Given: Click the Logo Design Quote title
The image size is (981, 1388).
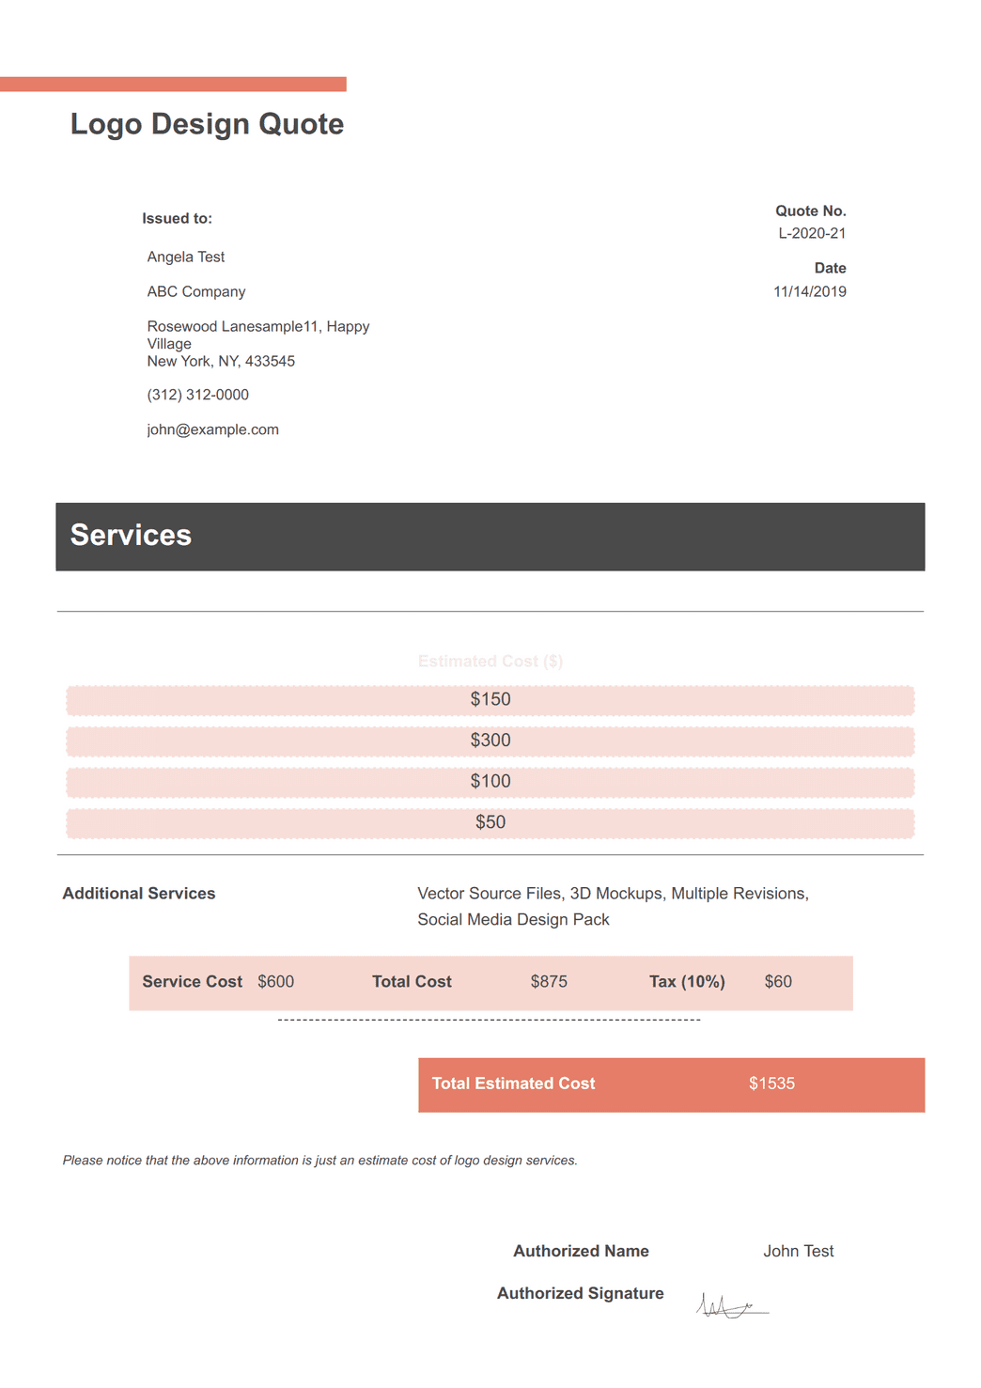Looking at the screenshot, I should (x=207, y=124).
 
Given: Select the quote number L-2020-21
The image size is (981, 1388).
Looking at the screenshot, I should (x=812, y=233).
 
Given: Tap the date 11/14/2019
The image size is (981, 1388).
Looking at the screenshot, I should (x=809, y=291).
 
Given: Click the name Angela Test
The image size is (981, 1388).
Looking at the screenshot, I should (x=186, y=257).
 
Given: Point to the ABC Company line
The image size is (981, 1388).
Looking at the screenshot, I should (x=196, y=291).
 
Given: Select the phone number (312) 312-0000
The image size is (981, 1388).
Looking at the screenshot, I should (x=198, y=395).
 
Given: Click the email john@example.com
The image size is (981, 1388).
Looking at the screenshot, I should (x=213, y=429).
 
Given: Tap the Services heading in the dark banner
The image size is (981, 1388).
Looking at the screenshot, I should (x=131, y=535).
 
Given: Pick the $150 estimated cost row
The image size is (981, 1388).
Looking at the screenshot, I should (x=490, y=699).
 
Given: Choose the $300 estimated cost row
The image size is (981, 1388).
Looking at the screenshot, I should (x=490, y=741).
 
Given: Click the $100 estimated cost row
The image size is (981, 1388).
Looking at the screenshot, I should (x=490, y=781).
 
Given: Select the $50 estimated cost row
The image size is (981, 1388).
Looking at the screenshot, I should (x=490, y=822).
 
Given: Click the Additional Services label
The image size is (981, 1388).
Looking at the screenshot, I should (x=139, y=894).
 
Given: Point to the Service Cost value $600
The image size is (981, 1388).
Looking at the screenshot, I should (x=275, y=982).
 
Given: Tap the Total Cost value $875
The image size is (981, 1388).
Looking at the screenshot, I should (x=549, y=982).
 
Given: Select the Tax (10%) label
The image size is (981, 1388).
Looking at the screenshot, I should (x=687, y=982).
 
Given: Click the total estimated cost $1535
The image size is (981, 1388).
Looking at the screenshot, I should (x=771, y=1084).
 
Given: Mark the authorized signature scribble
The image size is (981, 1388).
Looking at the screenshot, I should (x=731, y=1305).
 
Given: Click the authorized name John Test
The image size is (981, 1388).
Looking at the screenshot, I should (x=798, y=1251).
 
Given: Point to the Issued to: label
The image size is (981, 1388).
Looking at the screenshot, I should (x=178, y=219).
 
